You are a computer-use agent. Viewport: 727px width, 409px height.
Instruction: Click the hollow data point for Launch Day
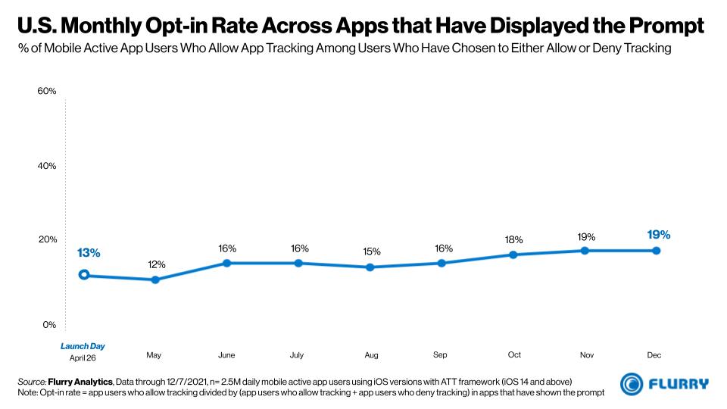(84, 275)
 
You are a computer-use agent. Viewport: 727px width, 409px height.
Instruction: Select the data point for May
(155, 279)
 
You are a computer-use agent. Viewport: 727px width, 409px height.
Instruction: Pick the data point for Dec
(656, 251)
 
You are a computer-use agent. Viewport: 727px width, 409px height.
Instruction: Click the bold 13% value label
(88, 253)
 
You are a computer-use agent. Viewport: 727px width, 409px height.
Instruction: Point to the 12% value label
(156, 264)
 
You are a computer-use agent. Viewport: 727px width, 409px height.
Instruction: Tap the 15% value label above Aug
(371, 251)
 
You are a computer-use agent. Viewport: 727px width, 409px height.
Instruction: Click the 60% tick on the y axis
(47, 91)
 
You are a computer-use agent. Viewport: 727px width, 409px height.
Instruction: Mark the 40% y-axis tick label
(47, 165)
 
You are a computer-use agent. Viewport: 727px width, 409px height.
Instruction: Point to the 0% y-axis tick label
(49, 324)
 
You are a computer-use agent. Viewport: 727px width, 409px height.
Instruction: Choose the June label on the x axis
(226, 354)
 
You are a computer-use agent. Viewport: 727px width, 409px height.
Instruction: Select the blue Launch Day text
(83, 346)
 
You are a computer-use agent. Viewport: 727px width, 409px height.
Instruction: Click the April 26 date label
(83, 357)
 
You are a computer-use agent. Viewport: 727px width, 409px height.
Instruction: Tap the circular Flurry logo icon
(632, 384)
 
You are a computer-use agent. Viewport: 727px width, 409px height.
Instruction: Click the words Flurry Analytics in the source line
(83, 379)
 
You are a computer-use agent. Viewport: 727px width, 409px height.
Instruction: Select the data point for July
(298, 263)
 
